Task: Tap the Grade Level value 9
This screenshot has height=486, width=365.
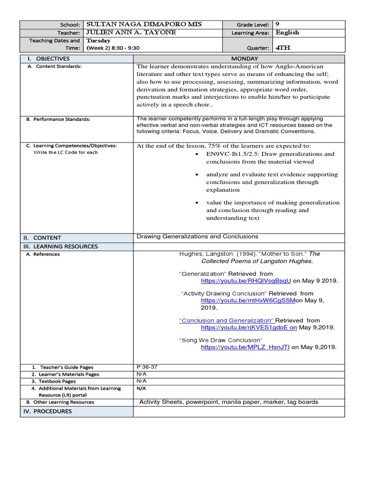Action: coord(278,25)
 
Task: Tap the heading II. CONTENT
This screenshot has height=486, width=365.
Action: coord(44,238)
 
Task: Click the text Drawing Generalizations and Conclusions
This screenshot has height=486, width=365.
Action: coord(197,236)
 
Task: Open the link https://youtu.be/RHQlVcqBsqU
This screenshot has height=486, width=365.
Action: coord(246,280)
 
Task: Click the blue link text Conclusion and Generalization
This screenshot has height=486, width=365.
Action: coord(226,320)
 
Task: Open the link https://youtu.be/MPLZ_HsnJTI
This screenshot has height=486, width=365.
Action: coord(245,347)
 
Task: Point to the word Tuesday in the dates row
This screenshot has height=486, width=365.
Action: coord(98,41)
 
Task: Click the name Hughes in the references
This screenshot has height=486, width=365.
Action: coord(191,254)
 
